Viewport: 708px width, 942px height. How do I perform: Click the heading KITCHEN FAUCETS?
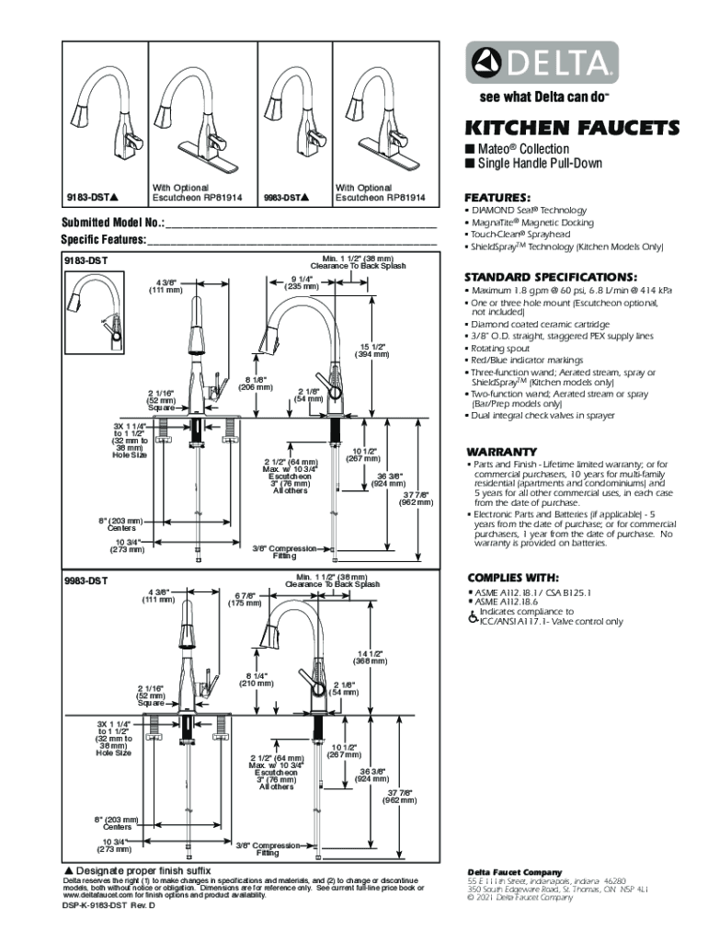click(x=571, y=127)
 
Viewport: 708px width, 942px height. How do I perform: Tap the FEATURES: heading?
click(x=497, y=198)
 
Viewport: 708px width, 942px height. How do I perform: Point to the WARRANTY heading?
click(x=501, y=452)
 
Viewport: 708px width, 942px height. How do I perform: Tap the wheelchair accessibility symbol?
click(x=472, y=616)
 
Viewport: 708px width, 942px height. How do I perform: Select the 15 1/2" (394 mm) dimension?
click(x=372, y=350)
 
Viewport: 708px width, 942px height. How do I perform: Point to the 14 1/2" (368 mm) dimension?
click(x=371, y=657)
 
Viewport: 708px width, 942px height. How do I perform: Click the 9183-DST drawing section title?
click(x=86, y=261)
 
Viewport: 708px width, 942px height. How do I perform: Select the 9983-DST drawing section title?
click(x=86, y=580)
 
